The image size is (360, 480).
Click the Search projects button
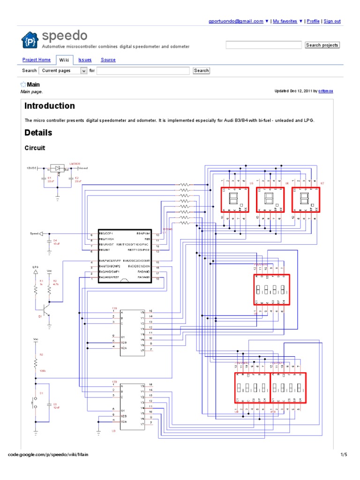tap(322, 45)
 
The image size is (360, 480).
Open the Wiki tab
tap(64, 60)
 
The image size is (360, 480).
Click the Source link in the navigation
tap(108, 60)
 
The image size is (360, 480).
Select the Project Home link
tap(37, 60)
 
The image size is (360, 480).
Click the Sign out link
tap(332, 21)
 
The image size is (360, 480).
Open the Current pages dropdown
tap(63, 71)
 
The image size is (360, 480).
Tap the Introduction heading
tap(50, 106)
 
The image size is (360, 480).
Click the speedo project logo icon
tap(30, 40)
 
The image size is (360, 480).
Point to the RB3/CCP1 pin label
tap(107, 233)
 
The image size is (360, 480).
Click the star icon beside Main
tap(23, 85)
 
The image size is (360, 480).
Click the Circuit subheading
tap(35, 148)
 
